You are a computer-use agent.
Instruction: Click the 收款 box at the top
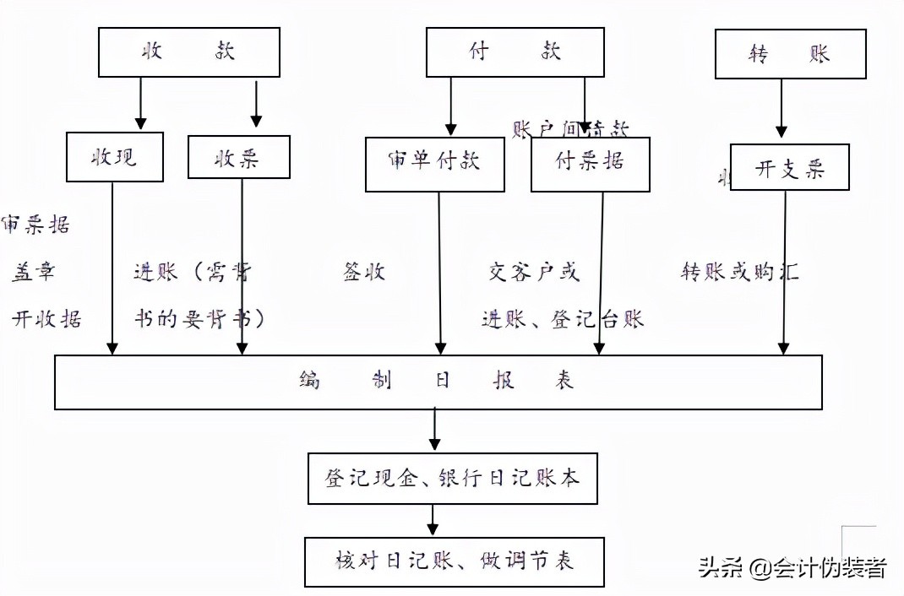pyautogui.click(x=189, y=52)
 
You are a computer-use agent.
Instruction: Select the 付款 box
pyautogui.click(x=515, y=52)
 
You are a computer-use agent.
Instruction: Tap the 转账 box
pyautogui.click(x=790, y=54)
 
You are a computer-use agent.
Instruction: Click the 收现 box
pyautogui.click(x=115, y=158)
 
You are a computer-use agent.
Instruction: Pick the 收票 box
pyautogui.click(x=238, y=157)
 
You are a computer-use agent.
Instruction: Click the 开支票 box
pyautogui.click(x=789, y=167)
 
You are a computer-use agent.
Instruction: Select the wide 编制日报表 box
pyautogui.click(x=438, y=382)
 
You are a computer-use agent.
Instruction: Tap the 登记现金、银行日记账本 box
pyautogui.click(x=455, y=478)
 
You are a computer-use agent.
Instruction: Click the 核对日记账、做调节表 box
pyautogui.click(x=455, y=561)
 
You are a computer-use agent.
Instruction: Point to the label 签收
pyautogui.click(x=364, y=272)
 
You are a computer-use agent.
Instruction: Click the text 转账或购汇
pyautogui.click(x=740, y=272)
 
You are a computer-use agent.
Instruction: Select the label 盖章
pyautogui.click(x=34, y=272)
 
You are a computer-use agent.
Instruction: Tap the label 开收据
pyautogui.click(x=46, y=319)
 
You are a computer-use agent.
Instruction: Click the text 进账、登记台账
pyautogui.click(x=563, y=319)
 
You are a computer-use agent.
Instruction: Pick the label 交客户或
pyautogui.click(x=534, y=272)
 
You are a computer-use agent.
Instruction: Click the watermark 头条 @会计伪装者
pyautogui.click(x=792, y=568)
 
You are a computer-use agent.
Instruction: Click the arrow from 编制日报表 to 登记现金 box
pyautogui.click(x=434, y=430)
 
